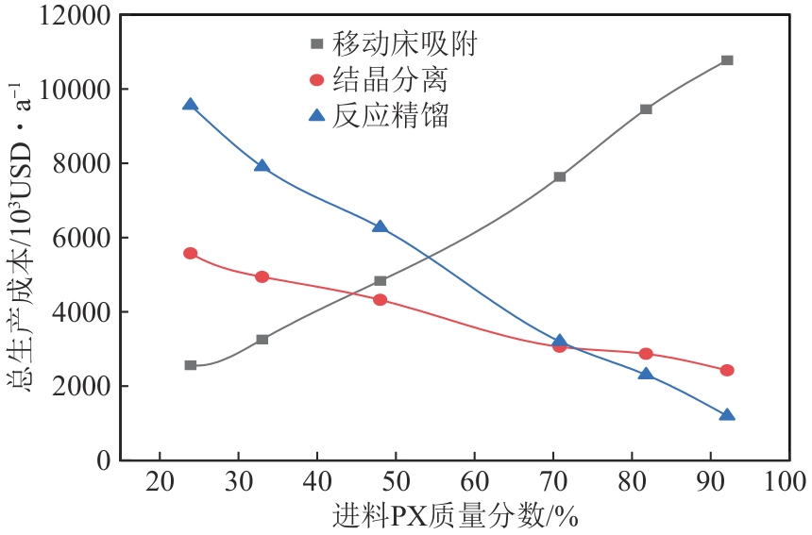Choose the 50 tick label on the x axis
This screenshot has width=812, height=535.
396,480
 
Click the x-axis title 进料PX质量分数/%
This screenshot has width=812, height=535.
454,516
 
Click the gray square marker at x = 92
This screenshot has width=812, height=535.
726,60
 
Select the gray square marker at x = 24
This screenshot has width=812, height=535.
191,365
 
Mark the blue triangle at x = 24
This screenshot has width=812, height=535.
191,105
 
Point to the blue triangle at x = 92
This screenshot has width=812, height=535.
726,415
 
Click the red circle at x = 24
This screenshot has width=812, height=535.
191,254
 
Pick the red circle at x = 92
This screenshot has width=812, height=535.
726,370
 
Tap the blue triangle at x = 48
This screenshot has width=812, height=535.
380,226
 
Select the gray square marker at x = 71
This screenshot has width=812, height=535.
560,176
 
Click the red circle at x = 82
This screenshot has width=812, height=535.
646,354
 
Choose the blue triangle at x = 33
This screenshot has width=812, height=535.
262,166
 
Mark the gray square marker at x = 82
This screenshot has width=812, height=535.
646,109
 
